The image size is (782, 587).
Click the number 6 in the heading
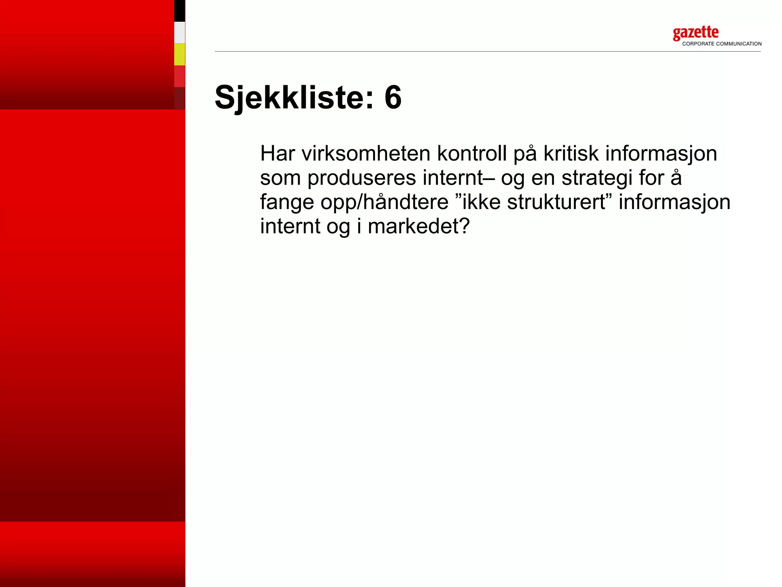click(x=393, y=98)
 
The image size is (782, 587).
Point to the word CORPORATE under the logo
click(x=698, y=44)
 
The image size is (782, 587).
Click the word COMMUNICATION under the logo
click(x=738, y=44)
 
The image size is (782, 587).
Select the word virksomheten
click(x=366, y=154)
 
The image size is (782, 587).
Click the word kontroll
click(x=472, y=154)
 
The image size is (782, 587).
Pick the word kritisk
click(x=571, y=154)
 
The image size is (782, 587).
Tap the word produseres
click(x=362, y=178)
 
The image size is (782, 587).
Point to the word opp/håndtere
click(x=384, y=203)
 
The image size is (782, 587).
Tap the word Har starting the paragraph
click(x=278, y=154)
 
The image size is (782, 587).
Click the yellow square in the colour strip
click(x=179, y=54)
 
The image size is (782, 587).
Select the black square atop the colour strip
click(x=179, y=11)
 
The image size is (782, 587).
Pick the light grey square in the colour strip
click(x=179, y=32)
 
